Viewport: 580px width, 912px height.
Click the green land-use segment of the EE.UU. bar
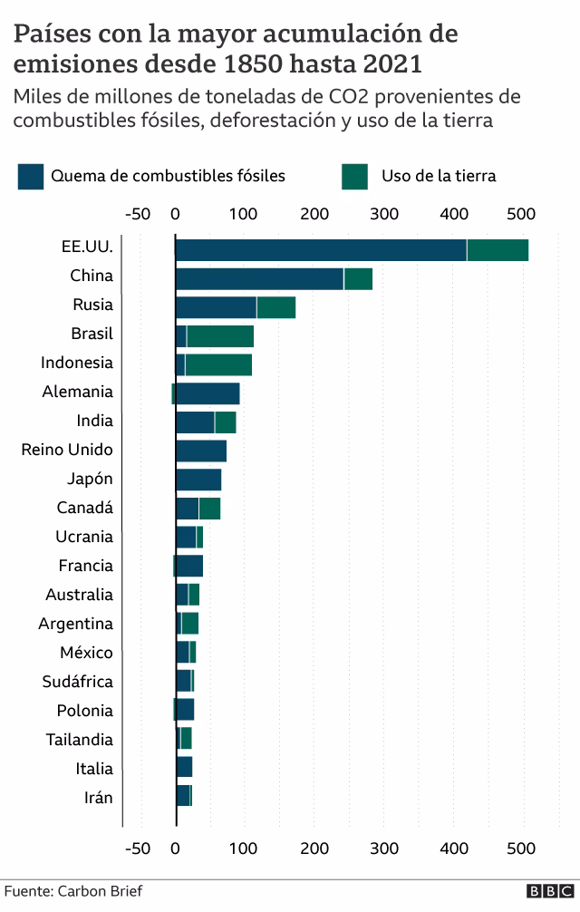(498, 250)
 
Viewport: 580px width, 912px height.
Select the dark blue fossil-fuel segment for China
(259, 279)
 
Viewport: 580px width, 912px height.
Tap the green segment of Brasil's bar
(220, 336)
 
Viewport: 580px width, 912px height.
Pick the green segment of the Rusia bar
(276, 308)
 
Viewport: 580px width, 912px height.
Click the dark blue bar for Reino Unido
(201, 451)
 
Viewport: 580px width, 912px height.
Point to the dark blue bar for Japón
(198, 480)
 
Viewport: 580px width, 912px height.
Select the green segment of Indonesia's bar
(218, 365)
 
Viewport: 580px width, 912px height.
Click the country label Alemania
(78, 392)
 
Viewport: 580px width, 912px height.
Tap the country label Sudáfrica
(78, 682)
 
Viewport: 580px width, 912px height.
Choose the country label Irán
(98, 798)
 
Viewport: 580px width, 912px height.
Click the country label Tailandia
(80, 740)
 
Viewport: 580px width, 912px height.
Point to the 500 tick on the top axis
(522, 214)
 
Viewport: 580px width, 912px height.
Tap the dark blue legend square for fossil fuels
(30, 176)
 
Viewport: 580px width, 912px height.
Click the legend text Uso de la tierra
(439, 176)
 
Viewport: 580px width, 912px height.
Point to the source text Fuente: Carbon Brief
(72, 891)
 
